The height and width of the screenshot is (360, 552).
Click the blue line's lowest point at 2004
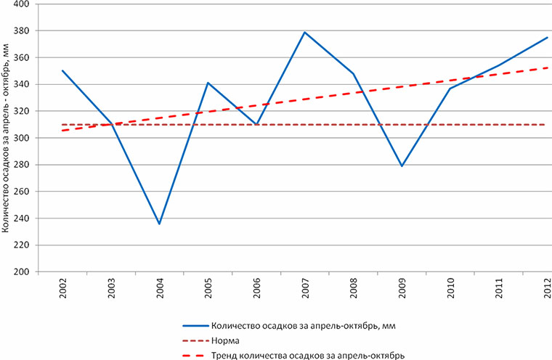point(159,224)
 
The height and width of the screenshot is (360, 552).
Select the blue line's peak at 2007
point(305,32)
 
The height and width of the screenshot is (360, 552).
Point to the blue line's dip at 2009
point(402,166)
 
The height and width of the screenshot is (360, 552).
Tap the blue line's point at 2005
point(208,83)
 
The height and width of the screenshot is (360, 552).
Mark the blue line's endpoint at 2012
point(548,37)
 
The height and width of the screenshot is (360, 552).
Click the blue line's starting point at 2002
point(62,70)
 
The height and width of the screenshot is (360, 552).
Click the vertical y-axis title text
point(7,138)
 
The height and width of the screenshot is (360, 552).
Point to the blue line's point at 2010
point(450,89)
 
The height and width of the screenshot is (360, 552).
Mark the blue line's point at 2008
point(354,73)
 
